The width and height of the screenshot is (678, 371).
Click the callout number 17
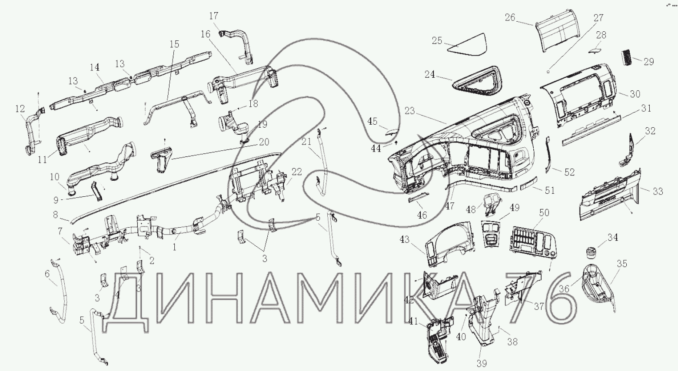coord(214,16)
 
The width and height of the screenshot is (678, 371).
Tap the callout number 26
coord(510,17)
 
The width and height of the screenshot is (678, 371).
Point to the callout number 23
coord(409,111)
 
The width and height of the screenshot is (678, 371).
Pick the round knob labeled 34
coord(589,252)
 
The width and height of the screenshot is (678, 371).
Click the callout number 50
coord(544,213)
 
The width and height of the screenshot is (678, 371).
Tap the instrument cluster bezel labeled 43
coord(449,245)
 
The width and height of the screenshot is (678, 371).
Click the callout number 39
coord(482,363)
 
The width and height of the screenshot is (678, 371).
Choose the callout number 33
coord(658,191)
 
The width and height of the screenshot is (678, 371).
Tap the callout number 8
coord(55,215)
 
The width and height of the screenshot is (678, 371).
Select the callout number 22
coord(296,172)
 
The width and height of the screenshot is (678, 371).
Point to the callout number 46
coord(422,215)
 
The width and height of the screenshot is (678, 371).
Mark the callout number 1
coord(174,247)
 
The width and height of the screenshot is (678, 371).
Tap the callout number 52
coord(569,172)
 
